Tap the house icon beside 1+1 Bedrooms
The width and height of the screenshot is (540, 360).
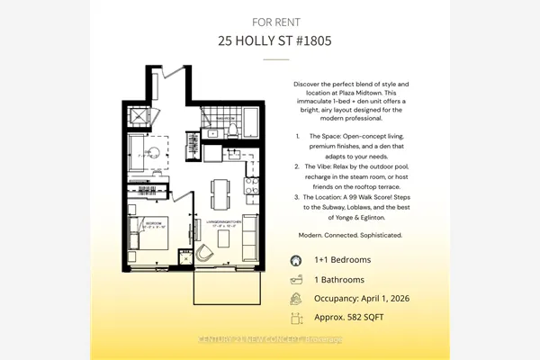(x=295, y=259)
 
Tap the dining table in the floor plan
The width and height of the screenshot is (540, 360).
(x=220, y=193)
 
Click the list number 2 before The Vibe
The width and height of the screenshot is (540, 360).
(x=298, y=166)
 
